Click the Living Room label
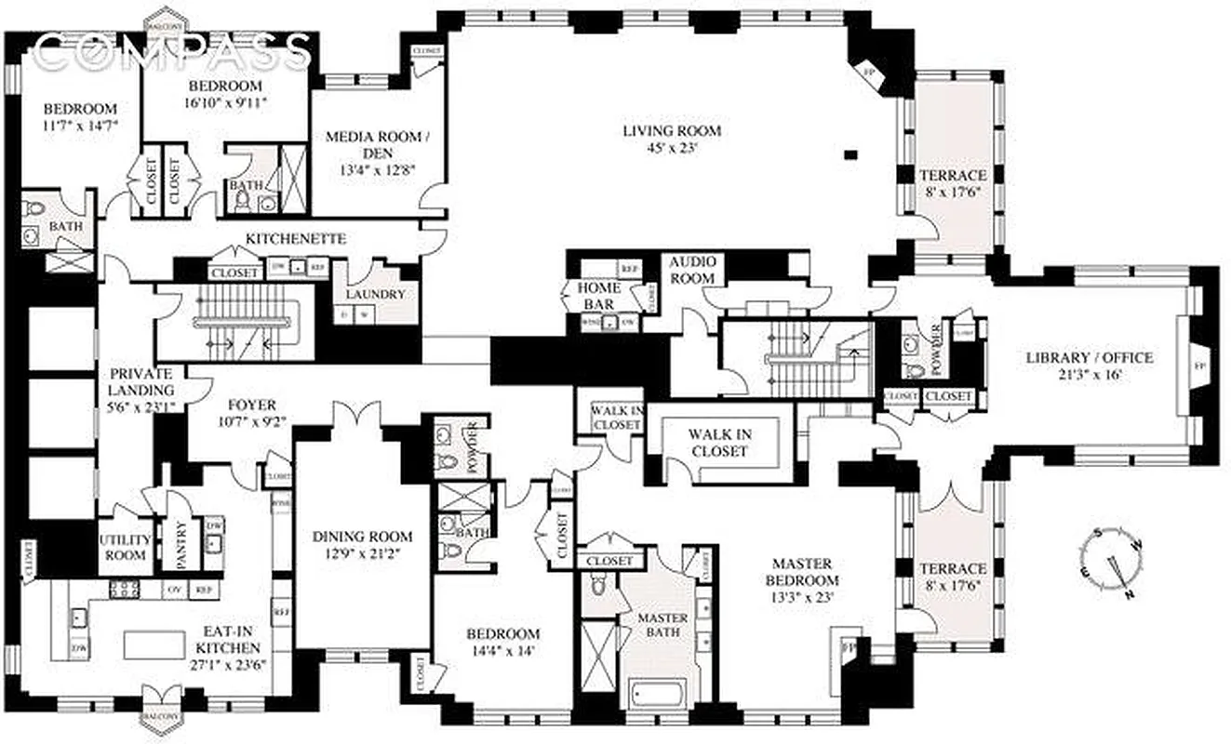point(671,130)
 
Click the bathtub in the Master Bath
point(657,693)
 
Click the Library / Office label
point(1089,357)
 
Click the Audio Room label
point(692,271)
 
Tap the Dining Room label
point(363,537)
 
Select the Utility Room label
point(125,548)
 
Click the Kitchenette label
point(296,239)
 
